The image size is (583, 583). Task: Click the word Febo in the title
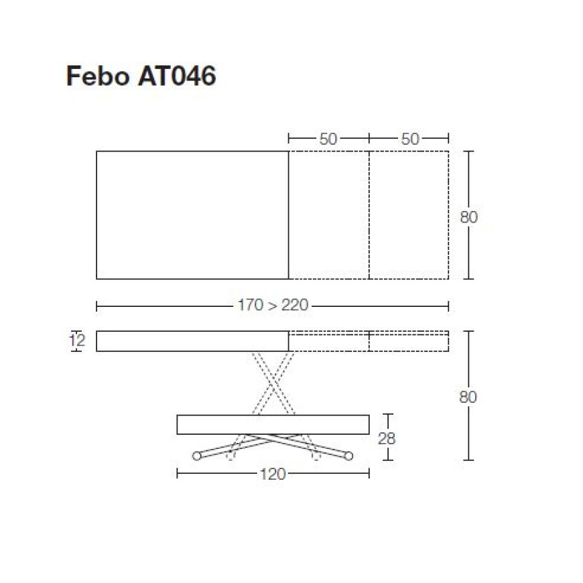98,76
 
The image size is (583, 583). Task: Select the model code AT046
177,76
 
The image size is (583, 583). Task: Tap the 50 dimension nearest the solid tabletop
328,139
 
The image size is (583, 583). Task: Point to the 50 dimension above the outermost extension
410,139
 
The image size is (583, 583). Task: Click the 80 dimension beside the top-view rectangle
468,217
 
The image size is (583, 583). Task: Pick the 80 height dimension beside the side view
468,397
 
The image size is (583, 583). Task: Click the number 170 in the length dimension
251,306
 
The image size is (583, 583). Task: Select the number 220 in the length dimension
295,306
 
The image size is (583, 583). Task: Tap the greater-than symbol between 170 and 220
273,306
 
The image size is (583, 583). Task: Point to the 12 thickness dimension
77,340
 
